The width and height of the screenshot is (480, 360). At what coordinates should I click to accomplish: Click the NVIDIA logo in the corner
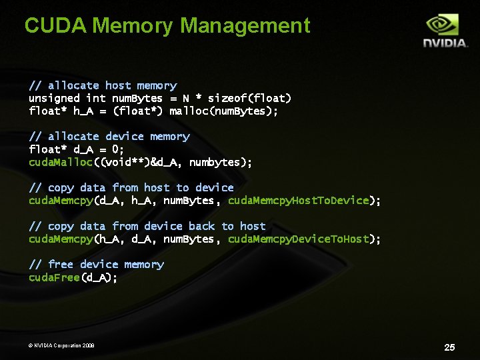click(x=445, y=31)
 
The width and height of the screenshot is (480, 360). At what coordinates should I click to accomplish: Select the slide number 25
click(x=449, y=347)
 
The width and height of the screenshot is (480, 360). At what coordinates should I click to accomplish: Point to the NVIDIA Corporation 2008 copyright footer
click(x=61, y=345)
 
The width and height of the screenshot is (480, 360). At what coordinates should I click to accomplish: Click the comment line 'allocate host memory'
click(x=103, y=85)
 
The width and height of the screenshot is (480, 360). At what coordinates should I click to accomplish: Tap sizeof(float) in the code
click(x=249, y=98)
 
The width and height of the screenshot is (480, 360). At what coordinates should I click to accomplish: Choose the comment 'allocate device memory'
click(x=109, y=137)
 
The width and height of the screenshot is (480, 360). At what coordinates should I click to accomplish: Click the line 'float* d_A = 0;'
click(x=77, y=149)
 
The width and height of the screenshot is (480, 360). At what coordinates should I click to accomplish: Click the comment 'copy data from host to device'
click(x=131, y=188)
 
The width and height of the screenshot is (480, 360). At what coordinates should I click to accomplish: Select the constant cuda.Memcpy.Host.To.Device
click(x=299, y=201)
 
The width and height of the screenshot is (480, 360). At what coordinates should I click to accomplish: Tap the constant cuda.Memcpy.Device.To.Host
click(x=299, y=239)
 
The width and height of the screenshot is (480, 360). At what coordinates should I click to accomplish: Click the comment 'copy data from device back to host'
click(x=147, y=226)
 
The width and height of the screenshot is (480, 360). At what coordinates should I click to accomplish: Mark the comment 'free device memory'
click(x=97, y=265)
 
